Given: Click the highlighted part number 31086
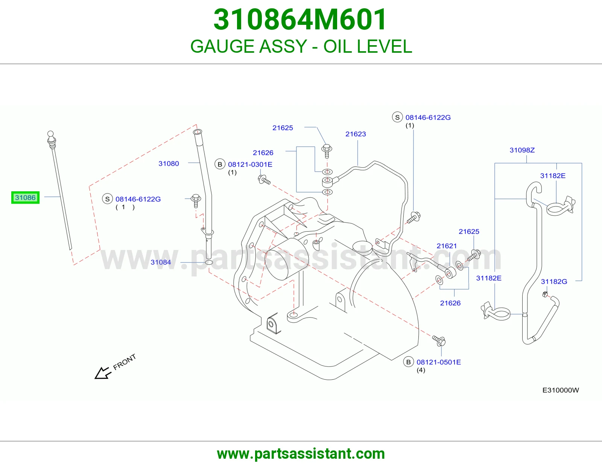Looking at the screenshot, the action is point(25,197).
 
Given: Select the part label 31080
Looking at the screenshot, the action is point(169,163).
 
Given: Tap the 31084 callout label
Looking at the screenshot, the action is point(161,262).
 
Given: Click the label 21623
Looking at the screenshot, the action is point(356,134).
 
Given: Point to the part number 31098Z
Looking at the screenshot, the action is point(522,150).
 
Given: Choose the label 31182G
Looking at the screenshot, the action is point(554,281).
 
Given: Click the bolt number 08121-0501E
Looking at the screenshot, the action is point(439,362).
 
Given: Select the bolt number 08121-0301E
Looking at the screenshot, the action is point(250,165).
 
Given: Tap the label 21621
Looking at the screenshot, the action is point(447,246).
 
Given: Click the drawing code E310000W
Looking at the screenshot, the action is point(561,390).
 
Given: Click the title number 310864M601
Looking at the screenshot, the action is point(300,20).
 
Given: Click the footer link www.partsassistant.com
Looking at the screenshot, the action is point(301,454).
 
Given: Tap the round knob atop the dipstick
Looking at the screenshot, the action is point(50,134).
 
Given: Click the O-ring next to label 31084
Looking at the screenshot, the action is point(209,262).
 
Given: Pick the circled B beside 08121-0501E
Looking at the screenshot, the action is point(408,362).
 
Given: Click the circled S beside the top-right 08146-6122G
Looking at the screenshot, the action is point(397,117).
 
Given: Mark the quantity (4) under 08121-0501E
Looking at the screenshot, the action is point(421,370).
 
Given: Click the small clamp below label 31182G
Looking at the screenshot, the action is point(545,294).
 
